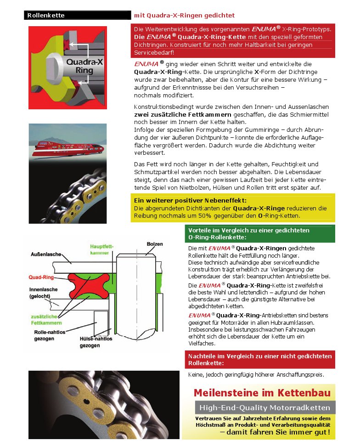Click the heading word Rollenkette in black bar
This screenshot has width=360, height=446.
46,15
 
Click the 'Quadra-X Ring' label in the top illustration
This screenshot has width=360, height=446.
84,66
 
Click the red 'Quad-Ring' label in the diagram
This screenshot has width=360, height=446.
41,277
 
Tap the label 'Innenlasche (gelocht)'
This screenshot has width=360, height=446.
44,294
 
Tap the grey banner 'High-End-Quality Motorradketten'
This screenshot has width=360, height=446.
265,407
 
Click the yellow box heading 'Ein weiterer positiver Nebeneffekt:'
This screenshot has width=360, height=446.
190,200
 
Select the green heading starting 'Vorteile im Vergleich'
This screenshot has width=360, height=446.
249,234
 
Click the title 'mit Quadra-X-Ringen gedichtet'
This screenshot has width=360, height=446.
184,15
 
